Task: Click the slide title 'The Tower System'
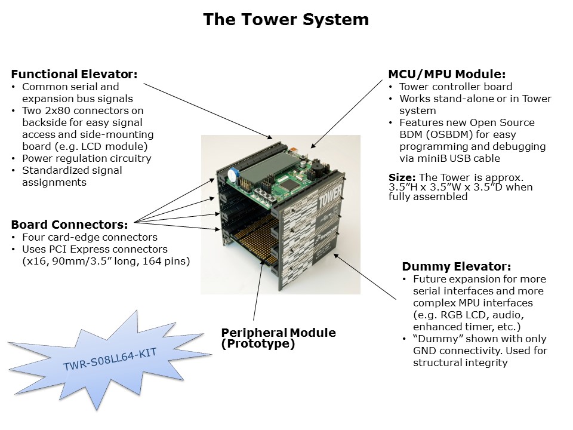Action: pos(286,20)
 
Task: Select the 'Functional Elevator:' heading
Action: pos(74,75)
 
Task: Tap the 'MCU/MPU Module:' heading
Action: pos(447,75)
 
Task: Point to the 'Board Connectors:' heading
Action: pos(69,225)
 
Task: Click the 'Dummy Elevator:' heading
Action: pos(456,267)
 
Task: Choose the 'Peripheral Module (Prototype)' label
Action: pos(278,338)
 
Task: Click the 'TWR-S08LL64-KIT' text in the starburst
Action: pos(110,360)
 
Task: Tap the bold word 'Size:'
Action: pos(402,177)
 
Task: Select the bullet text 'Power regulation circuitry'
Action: pos(87,158)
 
